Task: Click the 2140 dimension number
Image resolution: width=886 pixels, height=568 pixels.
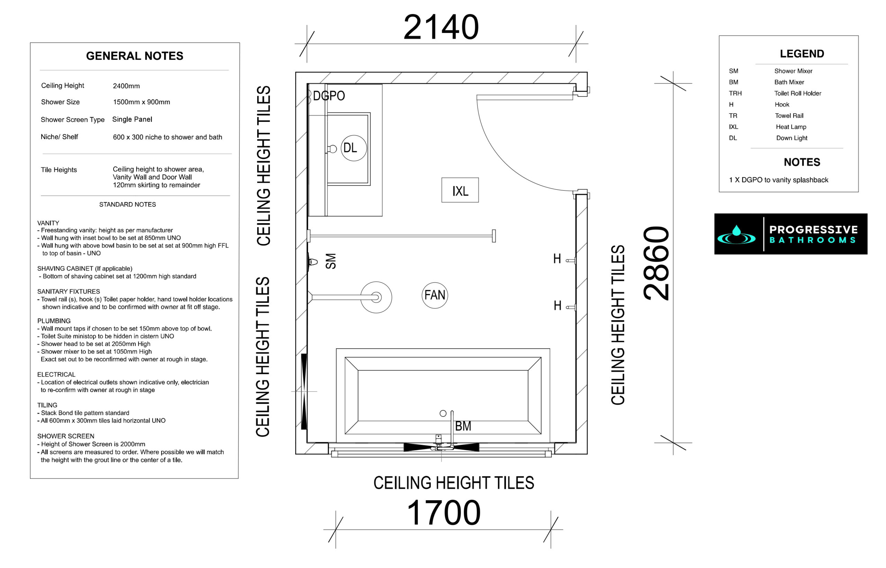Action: (441, 27)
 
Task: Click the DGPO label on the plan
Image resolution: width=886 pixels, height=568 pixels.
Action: (329, 96)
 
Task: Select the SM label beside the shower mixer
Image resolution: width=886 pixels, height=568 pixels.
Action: (331, 261)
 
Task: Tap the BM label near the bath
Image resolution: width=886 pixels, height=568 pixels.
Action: (463, 426)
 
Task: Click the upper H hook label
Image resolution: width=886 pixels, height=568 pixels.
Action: (557, 259)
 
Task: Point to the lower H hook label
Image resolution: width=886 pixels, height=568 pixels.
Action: (558, 305)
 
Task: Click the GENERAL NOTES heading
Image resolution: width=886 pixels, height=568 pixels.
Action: (135, 56)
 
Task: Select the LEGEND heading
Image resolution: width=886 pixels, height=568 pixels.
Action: (802, 54)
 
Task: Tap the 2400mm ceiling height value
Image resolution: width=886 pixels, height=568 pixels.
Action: (126, 86)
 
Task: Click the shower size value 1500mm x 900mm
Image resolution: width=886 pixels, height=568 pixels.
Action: (142, 102)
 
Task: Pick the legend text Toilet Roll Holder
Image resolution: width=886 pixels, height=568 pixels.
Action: (797, 93)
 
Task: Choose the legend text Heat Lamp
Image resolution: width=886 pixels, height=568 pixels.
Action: (791, 127)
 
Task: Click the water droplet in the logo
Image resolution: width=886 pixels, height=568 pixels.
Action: (736, 230)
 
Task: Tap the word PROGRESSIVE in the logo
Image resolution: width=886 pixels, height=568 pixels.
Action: (813, 229)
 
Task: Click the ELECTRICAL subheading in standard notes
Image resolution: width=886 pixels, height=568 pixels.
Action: (56, 375)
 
